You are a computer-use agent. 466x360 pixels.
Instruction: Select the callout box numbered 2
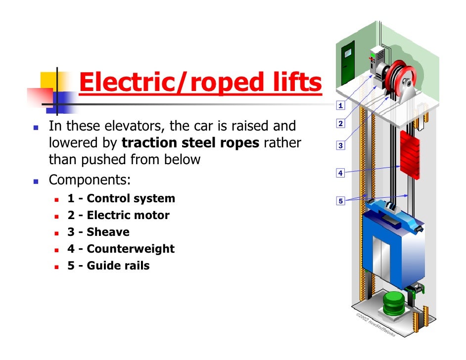[340, 123]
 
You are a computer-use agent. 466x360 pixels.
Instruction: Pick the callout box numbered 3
[340, 146]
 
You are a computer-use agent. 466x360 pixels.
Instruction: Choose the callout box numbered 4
[340, 173]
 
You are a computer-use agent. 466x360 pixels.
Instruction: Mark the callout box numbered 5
[340, 201]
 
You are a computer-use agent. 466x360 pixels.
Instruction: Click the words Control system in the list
[131, 199]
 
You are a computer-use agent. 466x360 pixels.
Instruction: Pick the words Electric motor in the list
[128, 216]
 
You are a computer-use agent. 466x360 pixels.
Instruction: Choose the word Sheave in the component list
[108, 232]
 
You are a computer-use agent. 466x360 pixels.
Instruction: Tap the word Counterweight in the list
[131, 249]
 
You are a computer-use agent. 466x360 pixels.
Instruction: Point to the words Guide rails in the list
[118, 266]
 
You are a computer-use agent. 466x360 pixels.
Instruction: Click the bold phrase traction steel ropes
[191, 143]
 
